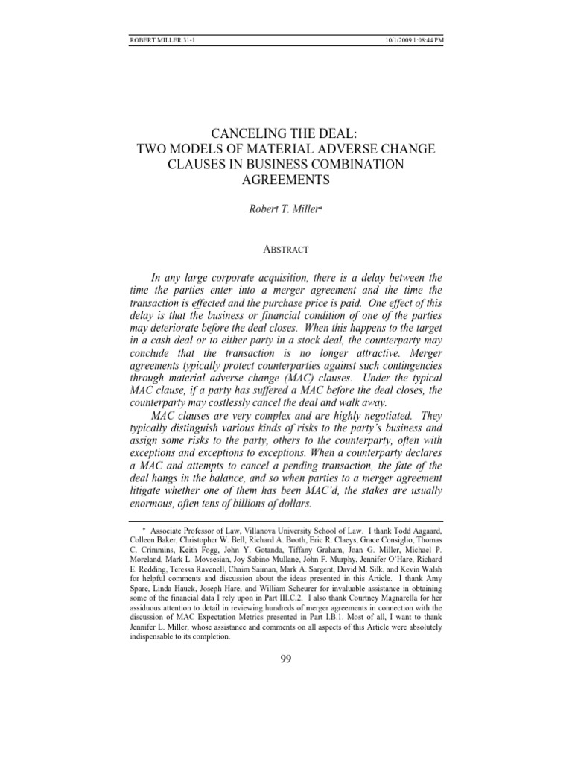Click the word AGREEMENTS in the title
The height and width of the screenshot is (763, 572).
(285, 180)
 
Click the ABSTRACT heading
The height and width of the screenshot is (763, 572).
(285, 252)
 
